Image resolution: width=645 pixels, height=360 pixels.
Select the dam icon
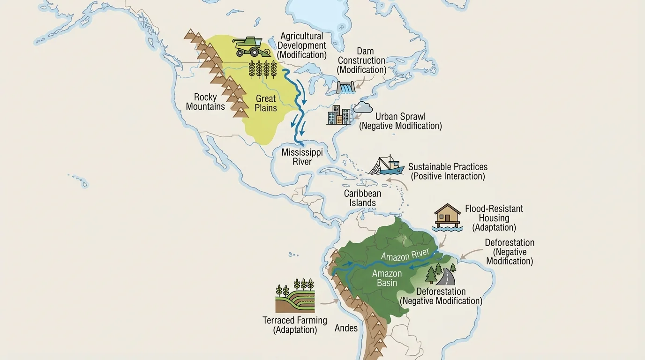tap(346, 88)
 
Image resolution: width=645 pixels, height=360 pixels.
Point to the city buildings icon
tap(338, 115)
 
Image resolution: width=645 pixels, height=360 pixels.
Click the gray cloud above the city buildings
tap(363, 107)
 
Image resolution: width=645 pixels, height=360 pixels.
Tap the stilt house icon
tap(447, 216)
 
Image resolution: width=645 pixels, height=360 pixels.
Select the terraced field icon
tap(295, 297)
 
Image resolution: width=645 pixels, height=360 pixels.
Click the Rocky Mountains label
tap(205, 102)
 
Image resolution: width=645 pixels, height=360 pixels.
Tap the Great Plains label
tap(266, 103)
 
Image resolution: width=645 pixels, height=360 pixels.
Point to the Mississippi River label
tap(302, 157)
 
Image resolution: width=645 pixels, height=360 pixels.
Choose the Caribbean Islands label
tap(362, 198)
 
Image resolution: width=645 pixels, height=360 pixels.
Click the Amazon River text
tap(405, 255)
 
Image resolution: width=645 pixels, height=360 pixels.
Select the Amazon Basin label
tap(387, 278)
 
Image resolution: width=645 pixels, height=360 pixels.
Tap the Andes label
tap(346, 328)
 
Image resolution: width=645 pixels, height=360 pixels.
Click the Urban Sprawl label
tap(400, 121)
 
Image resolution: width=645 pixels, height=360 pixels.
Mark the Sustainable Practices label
tap(448, 172)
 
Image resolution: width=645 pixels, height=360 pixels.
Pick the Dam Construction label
tap(361, 60)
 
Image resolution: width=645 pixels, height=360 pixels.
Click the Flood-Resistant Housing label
tap(494, 218)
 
